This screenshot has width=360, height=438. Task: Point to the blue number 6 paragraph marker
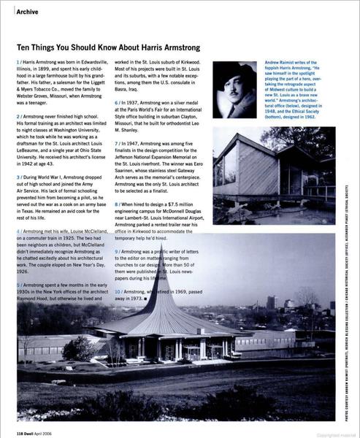click(117, 103)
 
